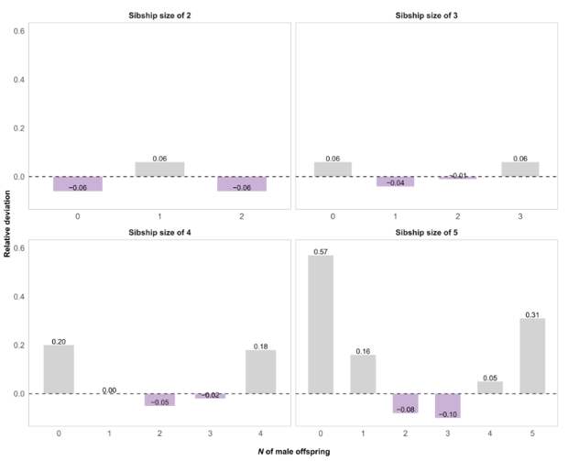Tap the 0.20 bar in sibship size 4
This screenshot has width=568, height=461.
(59, 369)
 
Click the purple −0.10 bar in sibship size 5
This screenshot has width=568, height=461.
(448, 405)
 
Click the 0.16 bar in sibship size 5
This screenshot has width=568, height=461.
(363, 374)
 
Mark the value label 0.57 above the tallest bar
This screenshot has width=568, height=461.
(321, 251)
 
